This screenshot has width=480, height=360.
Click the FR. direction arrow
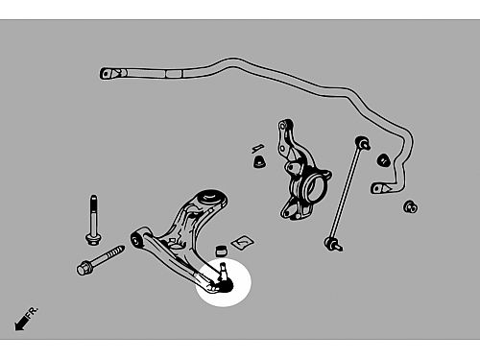click(x=21, y=323)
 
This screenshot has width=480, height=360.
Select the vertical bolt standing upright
click(x=93, y=220)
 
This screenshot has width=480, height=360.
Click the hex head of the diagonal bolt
click(x=84, y=268)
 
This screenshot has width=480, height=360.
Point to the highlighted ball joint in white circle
click(x=224, y=279)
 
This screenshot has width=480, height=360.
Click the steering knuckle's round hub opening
click(x=315, y=189)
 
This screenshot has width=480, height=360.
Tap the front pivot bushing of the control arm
click(x=136, y=239)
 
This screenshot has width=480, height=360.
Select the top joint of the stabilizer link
click(x=363, y=143)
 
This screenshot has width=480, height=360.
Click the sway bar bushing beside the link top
click(x=383, y=160)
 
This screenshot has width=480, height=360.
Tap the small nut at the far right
click(x=411, y=206)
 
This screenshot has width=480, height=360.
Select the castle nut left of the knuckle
click(x=259, y=161)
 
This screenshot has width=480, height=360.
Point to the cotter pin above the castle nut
click(x=258, y=148)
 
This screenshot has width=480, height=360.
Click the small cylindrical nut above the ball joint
click(x=221, y=251)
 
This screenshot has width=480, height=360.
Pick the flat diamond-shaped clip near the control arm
click(x=243, y=242)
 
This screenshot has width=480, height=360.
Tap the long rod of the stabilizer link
click(x=348, y=195)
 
